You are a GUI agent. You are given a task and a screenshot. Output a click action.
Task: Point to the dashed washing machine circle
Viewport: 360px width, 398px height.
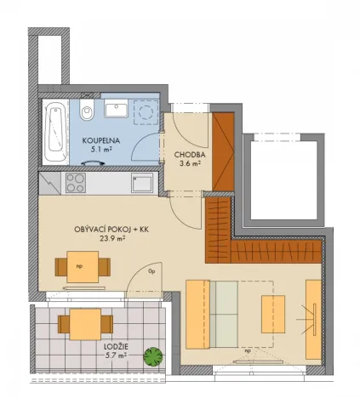pos(147,110)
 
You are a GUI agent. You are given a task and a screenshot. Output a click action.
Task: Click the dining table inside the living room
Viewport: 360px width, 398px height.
pos(83,267)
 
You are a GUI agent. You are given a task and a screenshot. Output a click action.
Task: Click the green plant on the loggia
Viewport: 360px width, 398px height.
pos(153,355)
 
